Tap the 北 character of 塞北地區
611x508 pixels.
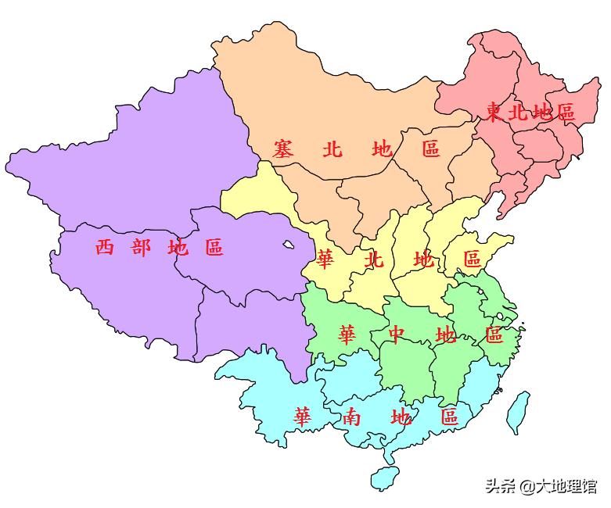pyautogui.click(x=332, y=148)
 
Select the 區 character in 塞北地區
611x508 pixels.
pyautogui.click(x=431, y=148)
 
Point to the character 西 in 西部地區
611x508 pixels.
pyautogui.click(x=105, y=248)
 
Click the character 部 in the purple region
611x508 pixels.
pyautogui.click(x=142, y=248)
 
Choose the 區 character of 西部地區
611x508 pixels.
pyautogui.click(x=214, y=248)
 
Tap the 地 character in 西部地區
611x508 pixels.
pyautogui.click(x=178, y=248)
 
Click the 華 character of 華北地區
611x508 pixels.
pyautogui.click(x=326, y=259)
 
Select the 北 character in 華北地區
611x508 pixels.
pyautogui.click(x=375, y=259)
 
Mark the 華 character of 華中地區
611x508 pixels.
pyautogui.click(x=347, y=335)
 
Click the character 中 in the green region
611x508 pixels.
pyautogui.click(x=397, y=335)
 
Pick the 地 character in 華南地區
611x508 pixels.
pyautogui.click(x=401, y=417)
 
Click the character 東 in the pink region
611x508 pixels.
pyautogui.click(x=494, y=113)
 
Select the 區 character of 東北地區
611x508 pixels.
pyautogui.click(x=564, y=113)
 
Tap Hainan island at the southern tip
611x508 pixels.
pyautogui.click(x=383, y=476)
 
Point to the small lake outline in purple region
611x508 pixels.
pyautogui.click(x=289, y=245)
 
